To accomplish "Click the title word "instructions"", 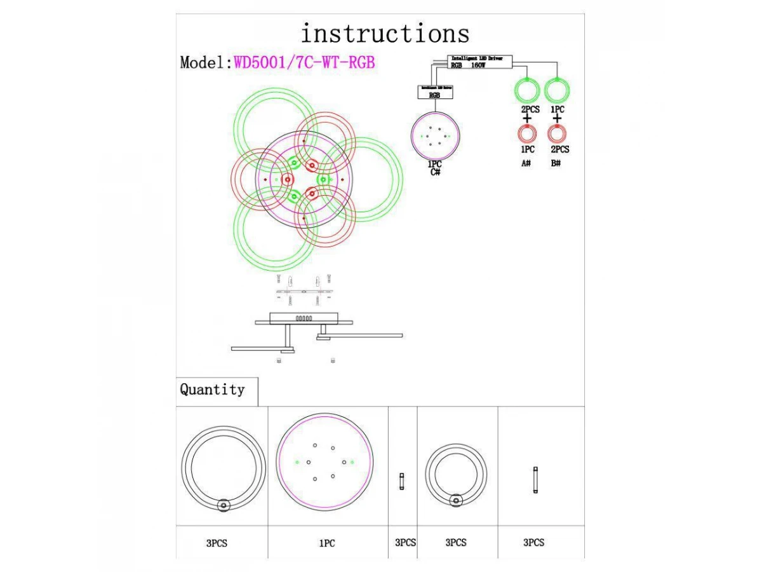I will pyautogui.click(x=385, y=33).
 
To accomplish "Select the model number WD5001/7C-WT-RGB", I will pyautogui.click(x=305, y=62).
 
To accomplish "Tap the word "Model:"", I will pyautogui.click(x=206, y=62).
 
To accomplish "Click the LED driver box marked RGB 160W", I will pyautogui.click(x=479, y=61).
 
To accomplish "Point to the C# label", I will pyautogui.click(x=435, y=172).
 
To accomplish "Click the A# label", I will pyautogui.click(x=526, y=163).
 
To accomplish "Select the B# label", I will pyautogui.click(x=556, y=163).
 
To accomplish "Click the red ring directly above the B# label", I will pyautogui.click(x=557, y=133).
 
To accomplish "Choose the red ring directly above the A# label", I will pyautogui.click(x=526, y=133).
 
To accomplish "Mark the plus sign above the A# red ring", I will pyautogui.click(x=526, y=118).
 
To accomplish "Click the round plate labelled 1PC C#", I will pyautogui.click(x=435, y=136).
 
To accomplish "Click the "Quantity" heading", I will pyautogui.click(x=212, y=390).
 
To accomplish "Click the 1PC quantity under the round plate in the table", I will pyautogui.click(x=327, y=543).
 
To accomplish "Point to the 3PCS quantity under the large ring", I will pyautogui.click(x=217, y=543).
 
